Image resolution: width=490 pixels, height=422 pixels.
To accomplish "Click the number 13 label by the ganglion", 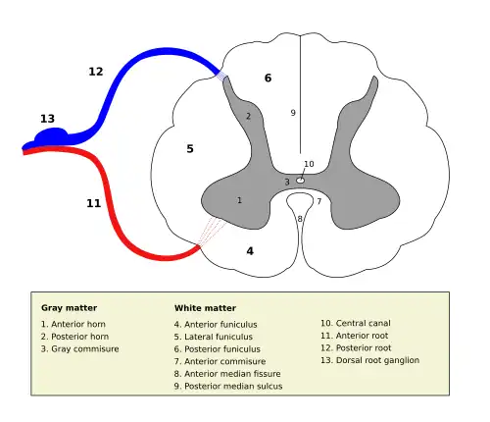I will click(x=47, y=119).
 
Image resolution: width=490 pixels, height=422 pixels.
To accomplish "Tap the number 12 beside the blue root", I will click(x=95, y=72).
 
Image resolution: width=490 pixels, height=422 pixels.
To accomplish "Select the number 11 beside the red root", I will click(x=93, y=203).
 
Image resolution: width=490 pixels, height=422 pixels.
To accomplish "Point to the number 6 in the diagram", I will click(x=268, y=78).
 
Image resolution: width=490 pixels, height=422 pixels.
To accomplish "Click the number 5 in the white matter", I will click(x=190, y=148).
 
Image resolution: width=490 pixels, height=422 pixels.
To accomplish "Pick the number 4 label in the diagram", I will click(x=250, y=251).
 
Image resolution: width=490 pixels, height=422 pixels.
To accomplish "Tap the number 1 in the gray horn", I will click(x=239, y=200).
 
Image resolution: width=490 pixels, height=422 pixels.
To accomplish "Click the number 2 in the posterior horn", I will click(x=248, y=116).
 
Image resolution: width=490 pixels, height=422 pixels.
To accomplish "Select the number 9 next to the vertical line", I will click(x=292, y=113).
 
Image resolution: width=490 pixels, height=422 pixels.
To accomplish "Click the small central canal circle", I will click(x=300, y=181).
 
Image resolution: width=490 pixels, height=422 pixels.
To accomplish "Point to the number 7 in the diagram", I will click(x=318, y=201).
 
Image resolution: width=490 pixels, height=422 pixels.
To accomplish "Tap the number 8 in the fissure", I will click(x=300, y=219).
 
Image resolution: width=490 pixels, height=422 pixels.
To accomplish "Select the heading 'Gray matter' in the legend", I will click(x=69, y=307).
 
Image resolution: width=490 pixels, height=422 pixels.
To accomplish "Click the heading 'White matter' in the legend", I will click(x=206, y=307).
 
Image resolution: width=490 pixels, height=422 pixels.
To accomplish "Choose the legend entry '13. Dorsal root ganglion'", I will click(x=369, y=360).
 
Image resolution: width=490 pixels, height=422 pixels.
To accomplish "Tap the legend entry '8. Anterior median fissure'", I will click(x=227, y=373).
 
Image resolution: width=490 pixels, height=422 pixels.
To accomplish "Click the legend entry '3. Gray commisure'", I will click(x=79, y=348).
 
